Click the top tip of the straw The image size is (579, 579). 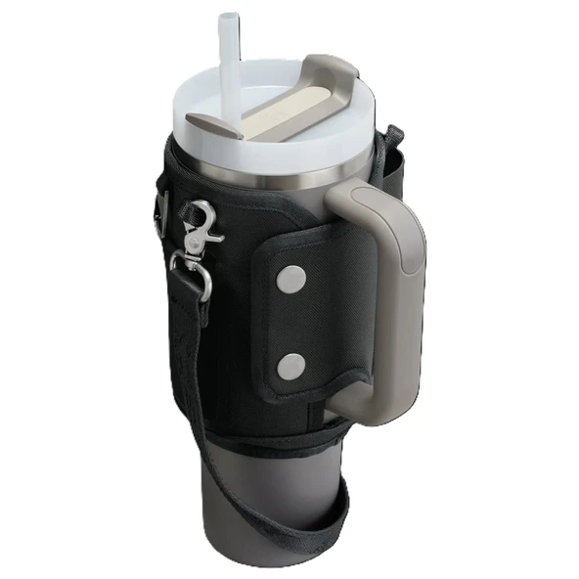[229, 18]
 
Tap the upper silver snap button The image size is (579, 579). [289, 281]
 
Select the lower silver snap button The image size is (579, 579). [289, 367]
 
